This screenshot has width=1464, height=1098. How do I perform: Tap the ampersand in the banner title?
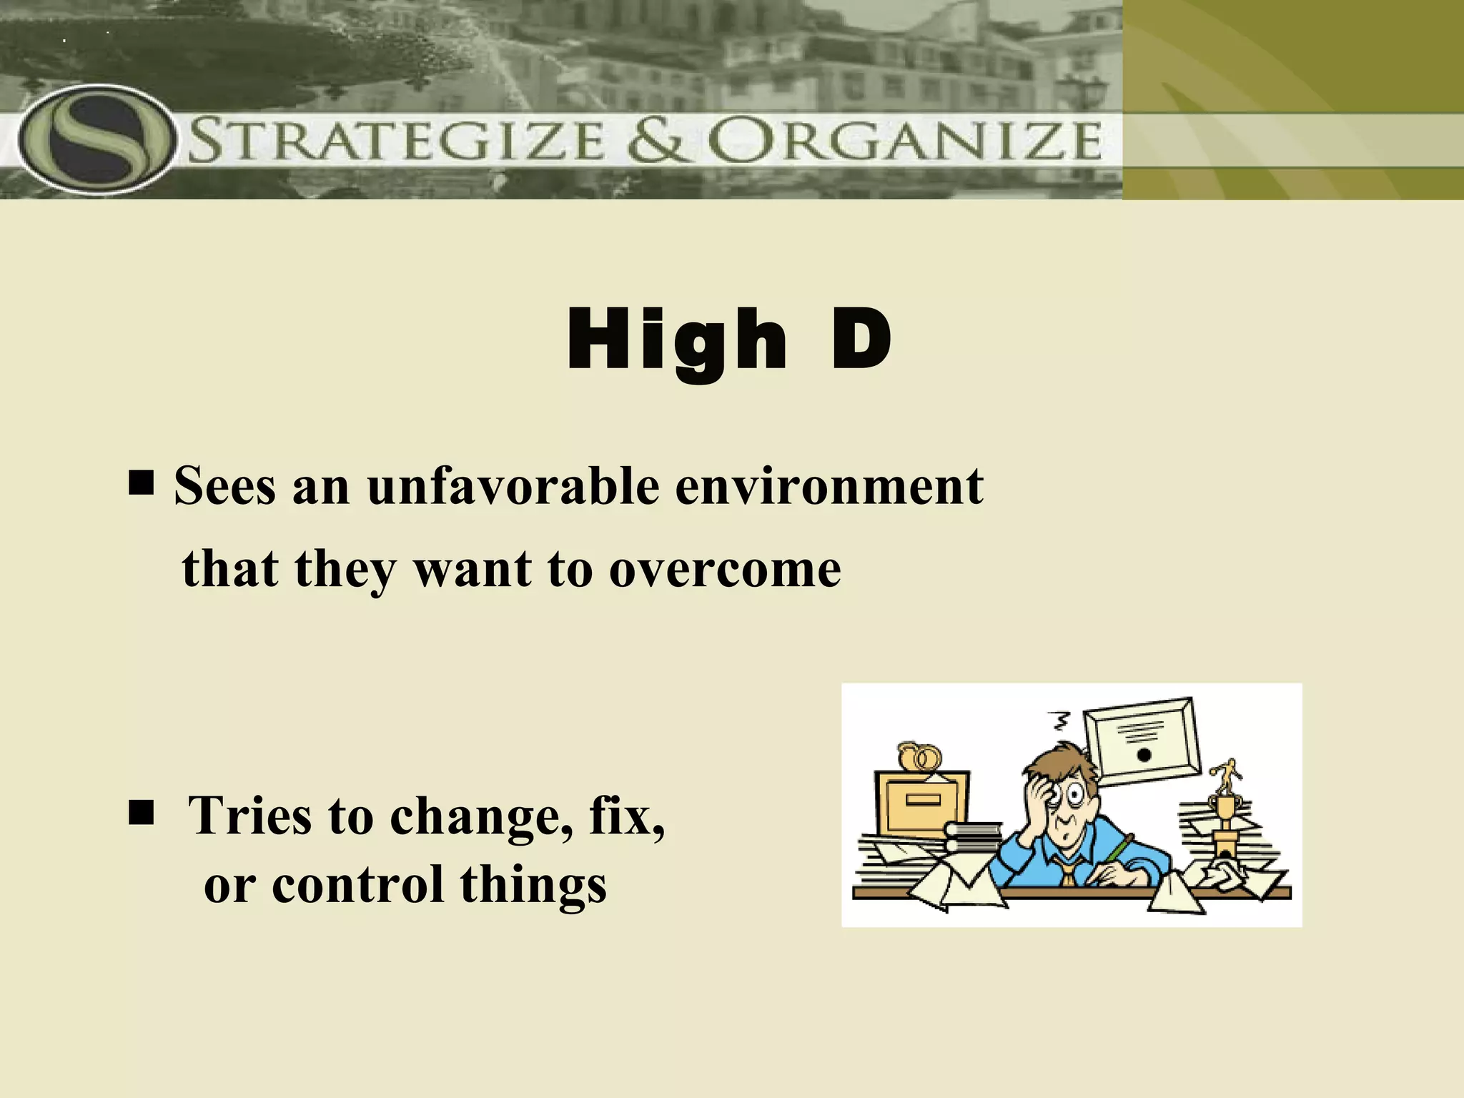(658, 140)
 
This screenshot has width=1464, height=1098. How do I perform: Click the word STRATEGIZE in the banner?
(397, 141)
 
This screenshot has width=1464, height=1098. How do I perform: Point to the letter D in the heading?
(861, 339)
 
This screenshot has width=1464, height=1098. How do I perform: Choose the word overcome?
(725, 570)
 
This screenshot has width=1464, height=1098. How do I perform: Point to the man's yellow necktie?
(1067, 871)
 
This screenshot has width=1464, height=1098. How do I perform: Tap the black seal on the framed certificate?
(1143, 755)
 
